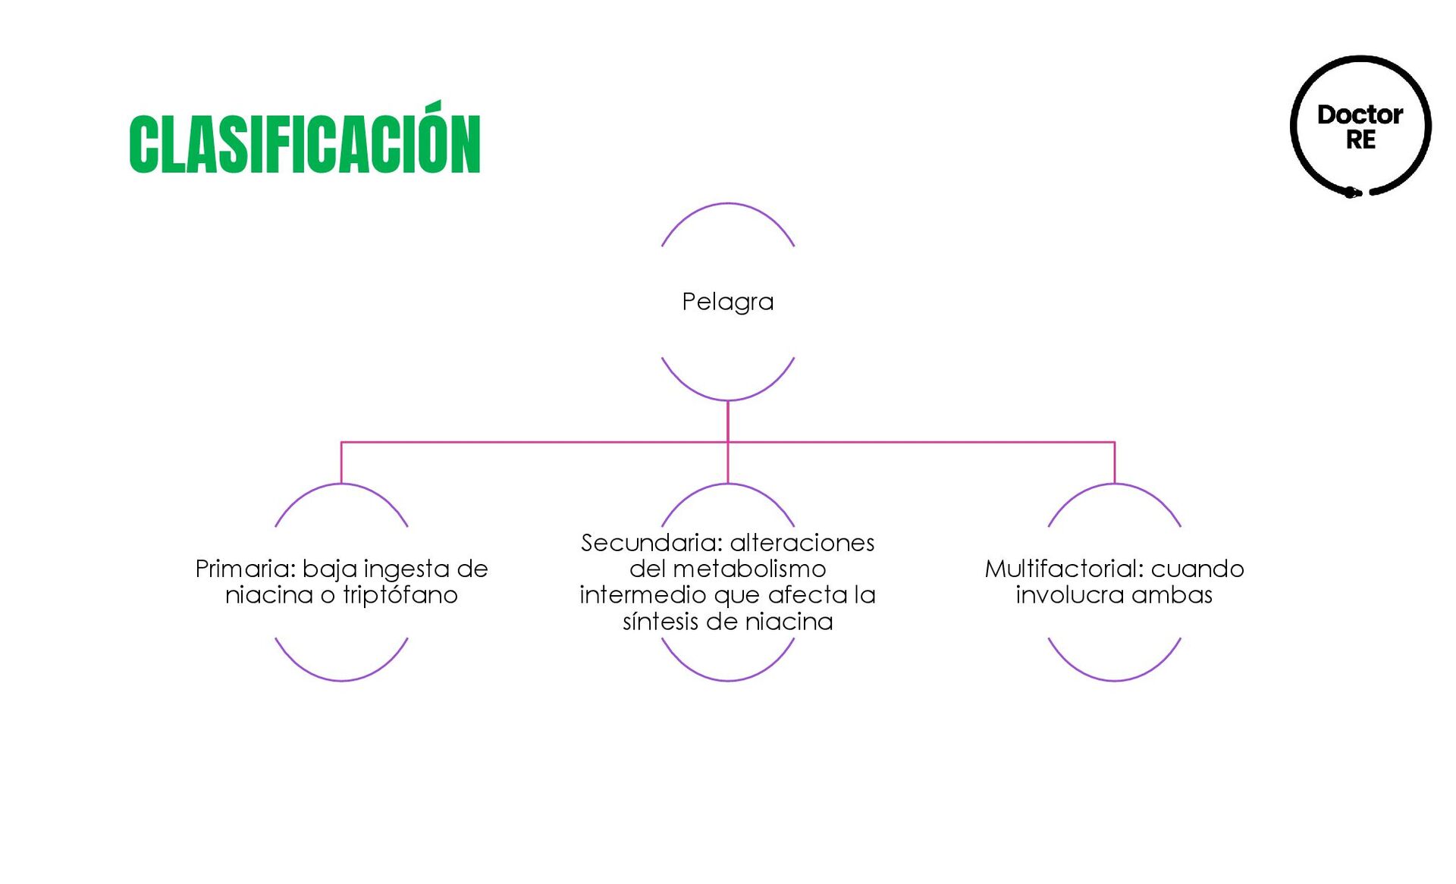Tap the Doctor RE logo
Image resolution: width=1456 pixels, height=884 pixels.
click(1360, 127)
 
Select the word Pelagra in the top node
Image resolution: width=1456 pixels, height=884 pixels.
click(727, 302)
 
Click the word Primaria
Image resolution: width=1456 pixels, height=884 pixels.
click(244, 569)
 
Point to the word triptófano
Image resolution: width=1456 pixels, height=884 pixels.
click(400, 595)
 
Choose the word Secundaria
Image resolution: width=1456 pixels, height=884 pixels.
click(651, 543)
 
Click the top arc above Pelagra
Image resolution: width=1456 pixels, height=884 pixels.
click(728, 205)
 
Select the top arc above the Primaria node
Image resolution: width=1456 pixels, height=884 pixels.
click(341, 485)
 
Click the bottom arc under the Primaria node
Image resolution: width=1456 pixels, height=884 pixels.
click(341, 679)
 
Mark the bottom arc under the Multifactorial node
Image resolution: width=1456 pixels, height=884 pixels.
click(1115, 679)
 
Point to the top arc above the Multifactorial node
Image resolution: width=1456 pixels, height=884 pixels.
click(1115, 485)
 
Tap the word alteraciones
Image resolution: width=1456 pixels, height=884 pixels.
click(802, 543)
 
